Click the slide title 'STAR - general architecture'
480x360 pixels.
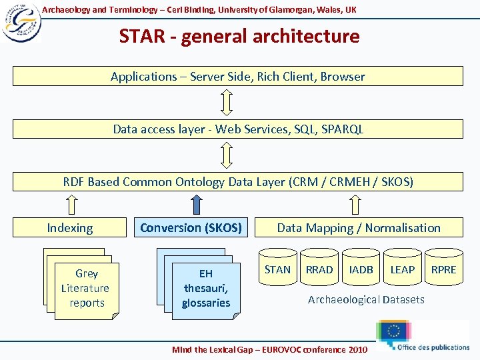pyautogui.click(x=239, y=36)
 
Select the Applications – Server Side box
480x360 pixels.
pyautogui.click(x=238, y=76)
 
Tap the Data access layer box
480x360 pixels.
pyautogui.click(x=238, y=129)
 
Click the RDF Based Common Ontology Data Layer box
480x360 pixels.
pyautogui.click(x=238, y=181)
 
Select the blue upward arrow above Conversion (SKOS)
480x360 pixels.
pyautogui.click(x=196, y=204)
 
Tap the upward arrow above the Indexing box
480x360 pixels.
pyautogui.click(x=69, y=204)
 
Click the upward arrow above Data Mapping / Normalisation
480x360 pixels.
pyautogui.click(x=358, y=204)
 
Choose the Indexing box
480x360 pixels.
pyautogui.click(x=70, y=228)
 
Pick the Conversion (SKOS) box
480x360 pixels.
pyautogui.click(x=191, y=228)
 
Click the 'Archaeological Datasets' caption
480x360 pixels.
pyautogui.click(x=366, y=300)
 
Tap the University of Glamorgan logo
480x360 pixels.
pyautogui.click(x=21, y=22)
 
